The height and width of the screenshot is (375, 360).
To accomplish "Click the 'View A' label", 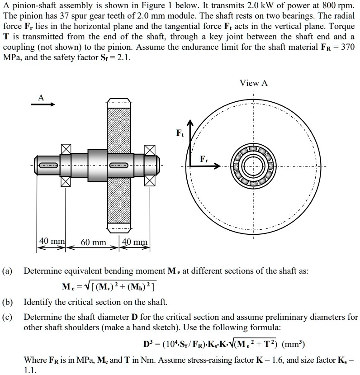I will pos(254,83).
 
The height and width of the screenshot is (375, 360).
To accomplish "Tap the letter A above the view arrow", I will pos(41,97).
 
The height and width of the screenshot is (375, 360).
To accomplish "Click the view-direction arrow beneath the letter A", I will pos(43,104).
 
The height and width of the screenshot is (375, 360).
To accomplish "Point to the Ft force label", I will pos(180,133).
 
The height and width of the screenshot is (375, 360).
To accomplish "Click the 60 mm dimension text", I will pos(94,243).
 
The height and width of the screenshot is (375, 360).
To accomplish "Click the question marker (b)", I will pos(8,302).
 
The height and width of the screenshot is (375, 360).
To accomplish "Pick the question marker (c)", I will pos(8,317).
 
